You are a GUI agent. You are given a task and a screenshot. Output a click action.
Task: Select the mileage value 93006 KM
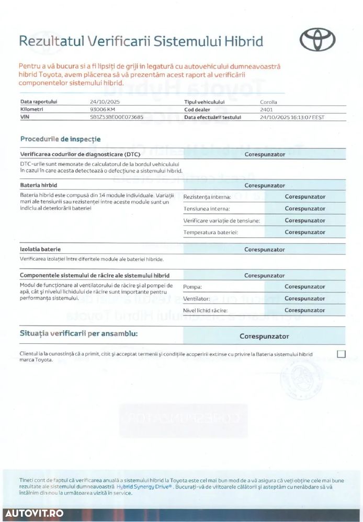pyautogui.click(x=103, y=110)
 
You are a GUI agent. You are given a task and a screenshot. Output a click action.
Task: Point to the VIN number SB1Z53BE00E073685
pyautogui.click(x=117, y=118)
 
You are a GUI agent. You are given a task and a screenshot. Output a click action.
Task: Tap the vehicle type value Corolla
pyautogui.click(x=269, y=102)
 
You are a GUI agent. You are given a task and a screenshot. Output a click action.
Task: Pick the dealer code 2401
pyautogui.click(x=266, y=110)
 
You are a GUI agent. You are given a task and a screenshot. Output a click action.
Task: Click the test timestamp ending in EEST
pyautogui.click(x=292, y=118)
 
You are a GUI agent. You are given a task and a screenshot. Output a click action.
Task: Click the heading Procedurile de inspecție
pyautogui.click(x=60, y=139)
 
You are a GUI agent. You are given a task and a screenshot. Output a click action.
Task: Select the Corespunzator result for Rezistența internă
pyautogui.click(x=305, y=197)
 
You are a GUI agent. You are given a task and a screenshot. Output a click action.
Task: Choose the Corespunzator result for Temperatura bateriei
pyautogui.click(x=305, y=232)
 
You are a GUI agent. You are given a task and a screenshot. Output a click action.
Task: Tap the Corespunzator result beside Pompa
pyautogui.click(x=305, y=287)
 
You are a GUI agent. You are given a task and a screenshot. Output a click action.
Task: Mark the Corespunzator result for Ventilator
pyautogui.click(x=305, y=299)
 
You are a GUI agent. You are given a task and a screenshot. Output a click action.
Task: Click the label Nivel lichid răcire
pyautogui.click(x=205, y=310)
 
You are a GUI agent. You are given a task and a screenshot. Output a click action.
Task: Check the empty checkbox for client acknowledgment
pyautogui.click(x=342, y=354)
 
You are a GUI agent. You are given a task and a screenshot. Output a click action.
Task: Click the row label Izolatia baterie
pyautogui.click(x=40, y=250)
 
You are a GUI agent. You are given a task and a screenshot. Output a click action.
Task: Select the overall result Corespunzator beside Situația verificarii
pyautogui.click(x=264, y=337)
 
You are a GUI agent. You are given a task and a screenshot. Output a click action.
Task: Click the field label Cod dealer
pyautogui.click(x=197, y=110)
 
